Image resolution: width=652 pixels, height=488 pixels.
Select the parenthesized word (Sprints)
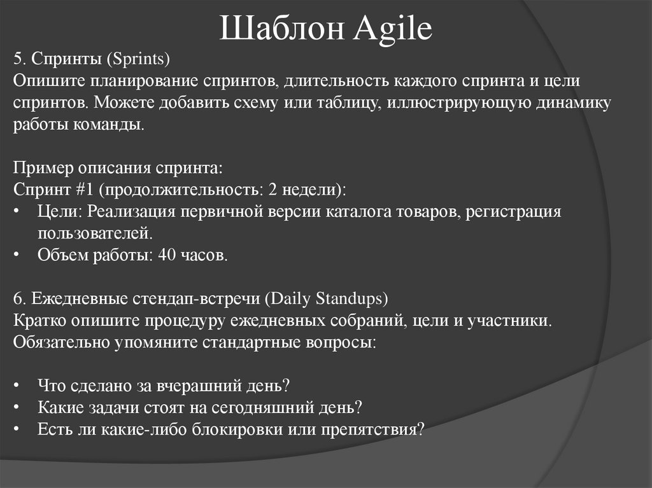[x=138, y=60]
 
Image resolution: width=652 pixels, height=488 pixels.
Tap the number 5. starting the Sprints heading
[x=19, y=60]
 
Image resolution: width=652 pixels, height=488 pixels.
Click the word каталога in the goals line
[x=364, y=212]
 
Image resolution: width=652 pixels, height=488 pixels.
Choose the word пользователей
[x=95, y=234]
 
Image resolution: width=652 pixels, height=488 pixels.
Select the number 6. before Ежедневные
[x=19, y=298]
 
